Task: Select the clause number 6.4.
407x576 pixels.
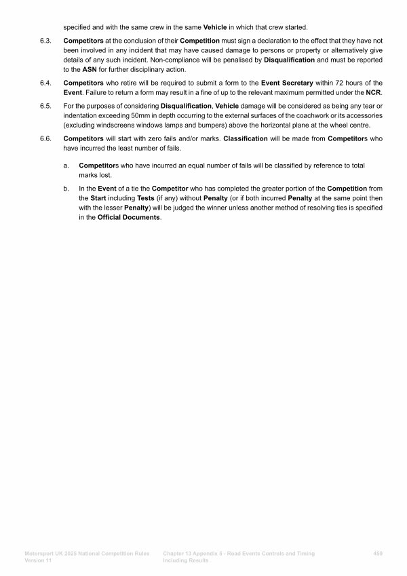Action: [x=47, y=82]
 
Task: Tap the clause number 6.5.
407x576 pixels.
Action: [x=47, y=107]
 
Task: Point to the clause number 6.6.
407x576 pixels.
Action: [x=47, y=138]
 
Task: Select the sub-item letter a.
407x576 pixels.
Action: [x=66, y=165]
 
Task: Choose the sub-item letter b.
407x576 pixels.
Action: [x=66, y=187]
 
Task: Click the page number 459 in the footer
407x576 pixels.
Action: [x=378, y=554]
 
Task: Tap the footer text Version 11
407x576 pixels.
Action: [x=38, y=560]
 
